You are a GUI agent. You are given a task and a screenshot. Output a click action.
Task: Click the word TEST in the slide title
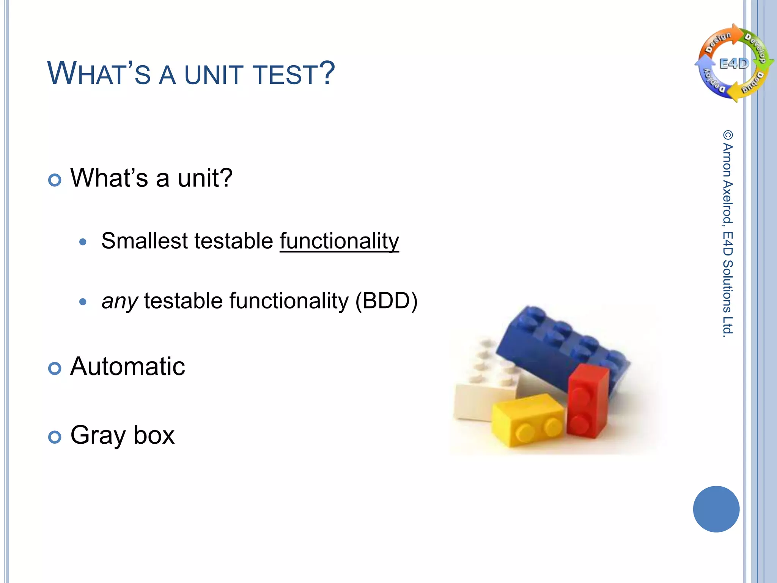click(285, 74)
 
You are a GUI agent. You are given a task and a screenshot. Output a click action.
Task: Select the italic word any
click(120, 301)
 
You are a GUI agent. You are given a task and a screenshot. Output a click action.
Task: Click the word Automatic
click(127, 367)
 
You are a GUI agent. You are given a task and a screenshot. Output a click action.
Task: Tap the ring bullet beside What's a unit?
click(55, 180)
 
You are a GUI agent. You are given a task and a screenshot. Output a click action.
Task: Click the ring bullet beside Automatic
click(55, 368)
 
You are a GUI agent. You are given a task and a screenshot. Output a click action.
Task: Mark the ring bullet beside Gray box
click(55, 437)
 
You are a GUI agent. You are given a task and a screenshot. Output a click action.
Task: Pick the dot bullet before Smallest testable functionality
click(83, 242)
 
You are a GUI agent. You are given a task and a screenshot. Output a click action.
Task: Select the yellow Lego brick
click(527, 419)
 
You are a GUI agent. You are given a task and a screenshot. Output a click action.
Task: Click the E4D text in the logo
click(734, 64)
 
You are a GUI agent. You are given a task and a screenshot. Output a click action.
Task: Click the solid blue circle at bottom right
click(716, 509)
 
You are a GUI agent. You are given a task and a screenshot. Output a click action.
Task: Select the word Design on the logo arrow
click(718, 42)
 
